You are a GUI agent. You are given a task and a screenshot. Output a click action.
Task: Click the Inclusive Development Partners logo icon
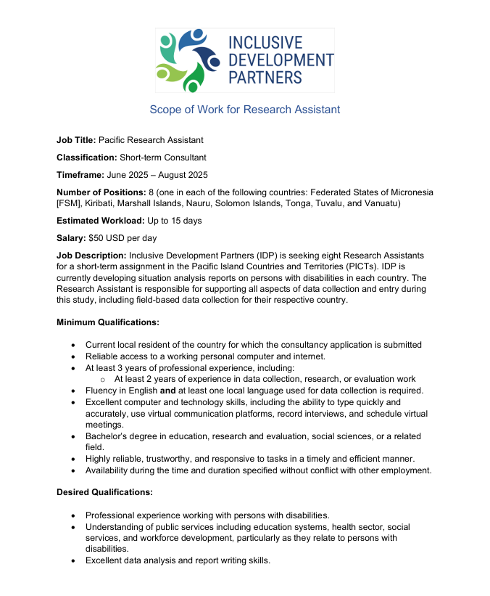pyautogui.click(x=187, y=60)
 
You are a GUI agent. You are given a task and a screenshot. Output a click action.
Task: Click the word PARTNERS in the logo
pyautogui.click(x=265, y=77)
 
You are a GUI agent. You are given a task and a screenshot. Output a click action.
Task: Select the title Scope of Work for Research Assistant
pyautogui.click(x=244, y=110)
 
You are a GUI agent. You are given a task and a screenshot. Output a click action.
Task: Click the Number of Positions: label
pyautogui.click(x=101, y=192)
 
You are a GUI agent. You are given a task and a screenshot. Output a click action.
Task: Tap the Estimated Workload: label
pyautogui.click(x=100, y=221)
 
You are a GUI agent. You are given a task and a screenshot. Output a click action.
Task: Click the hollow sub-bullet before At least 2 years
pyautogui.click(x=103, y=379)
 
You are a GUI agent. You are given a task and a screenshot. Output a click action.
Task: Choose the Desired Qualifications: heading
pyautogui.click(x=105, y=492)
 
